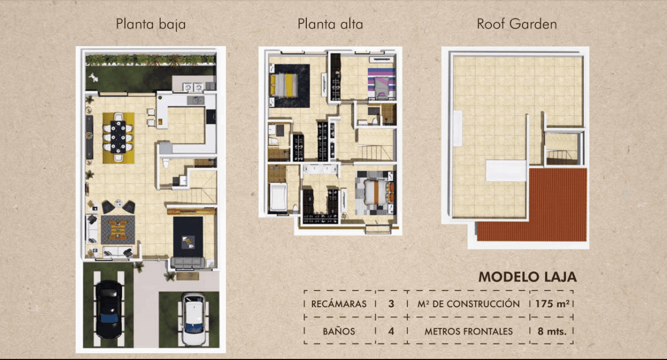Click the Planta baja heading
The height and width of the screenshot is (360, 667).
coord(151,24)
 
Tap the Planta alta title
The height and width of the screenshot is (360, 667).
coord(330,24)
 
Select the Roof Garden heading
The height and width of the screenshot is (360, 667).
coord(517,24)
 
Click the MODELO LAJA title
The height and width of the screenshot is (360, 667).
coord(527,277)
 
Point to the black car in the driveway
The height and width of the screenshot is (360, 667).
coord(109,309)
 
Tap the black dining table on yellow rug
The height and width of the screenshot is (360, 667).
coord(118,137)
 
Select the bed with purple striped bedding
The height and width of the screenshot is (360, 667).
coord(381,83)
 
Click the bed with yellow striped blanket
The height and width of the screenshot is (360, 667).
coord(285,86)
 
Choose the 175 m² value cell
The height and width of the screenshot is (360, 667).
coord(552,304)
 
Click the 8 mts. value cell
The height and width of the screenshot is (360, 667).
coord(552,332)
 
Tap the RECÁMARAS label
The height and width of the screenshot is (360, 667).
coord(339,304)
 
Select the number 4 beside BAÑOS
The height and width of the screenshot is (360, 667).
coord(391,332)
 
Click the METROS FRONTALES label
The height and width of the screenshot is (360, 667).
coord(469,332)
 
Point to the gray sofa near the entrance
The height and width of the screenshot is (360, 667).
coord(188,263)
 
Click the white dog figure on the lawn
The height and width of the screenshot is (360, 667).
coord(94,77)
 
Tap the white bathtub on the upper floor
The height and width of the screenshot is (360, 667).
coord(278,198)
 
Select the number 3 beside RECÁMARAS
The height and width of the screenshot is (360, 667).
coord(391,304)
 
